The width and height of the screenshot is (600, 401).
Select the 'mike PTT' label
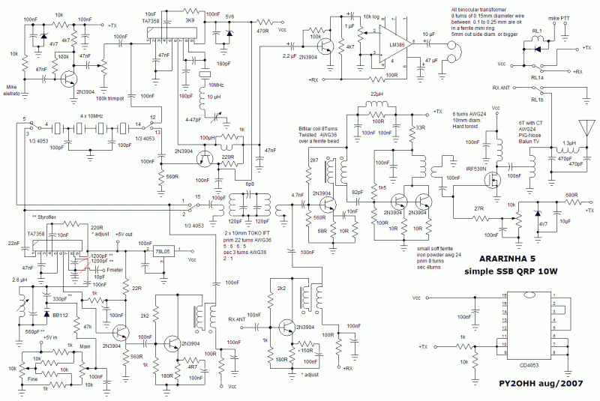tap(559, 15)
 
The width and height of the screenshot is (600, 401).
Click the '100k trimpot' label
tap(110, 99)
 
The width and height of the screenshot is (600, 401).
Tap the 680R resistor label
tap(571, 195)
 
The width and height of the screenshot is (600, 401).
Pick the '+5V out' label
tap(126, 234)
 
